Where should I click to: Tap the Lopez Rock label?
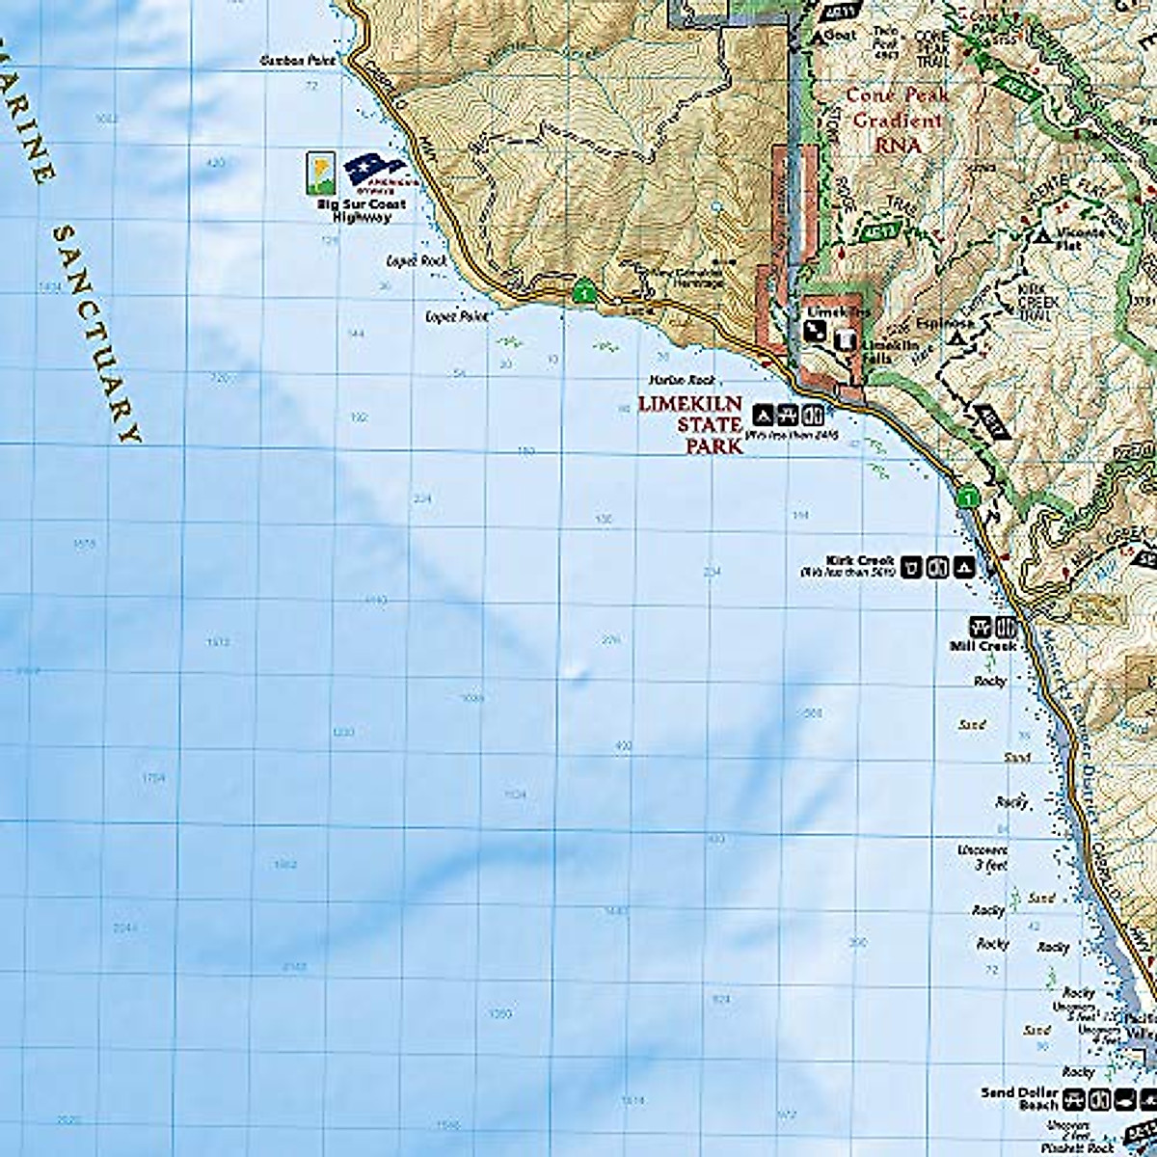tap(414, 260)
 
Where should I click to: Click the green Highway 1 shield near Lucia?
tap(581, 288)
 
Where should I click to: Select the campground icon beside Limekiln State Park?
tap(762, 416)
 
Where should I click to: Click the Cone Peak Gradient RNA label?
tap(897, 121)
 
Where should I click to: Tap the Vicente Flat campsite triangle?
tap(1042, 234)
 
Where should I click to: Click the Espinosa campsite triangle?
tap(958, 340)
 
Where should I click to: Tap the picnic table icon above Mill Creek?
tap(984, 625)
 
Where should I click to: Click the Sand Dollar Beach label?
tap(1019, 1098)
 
